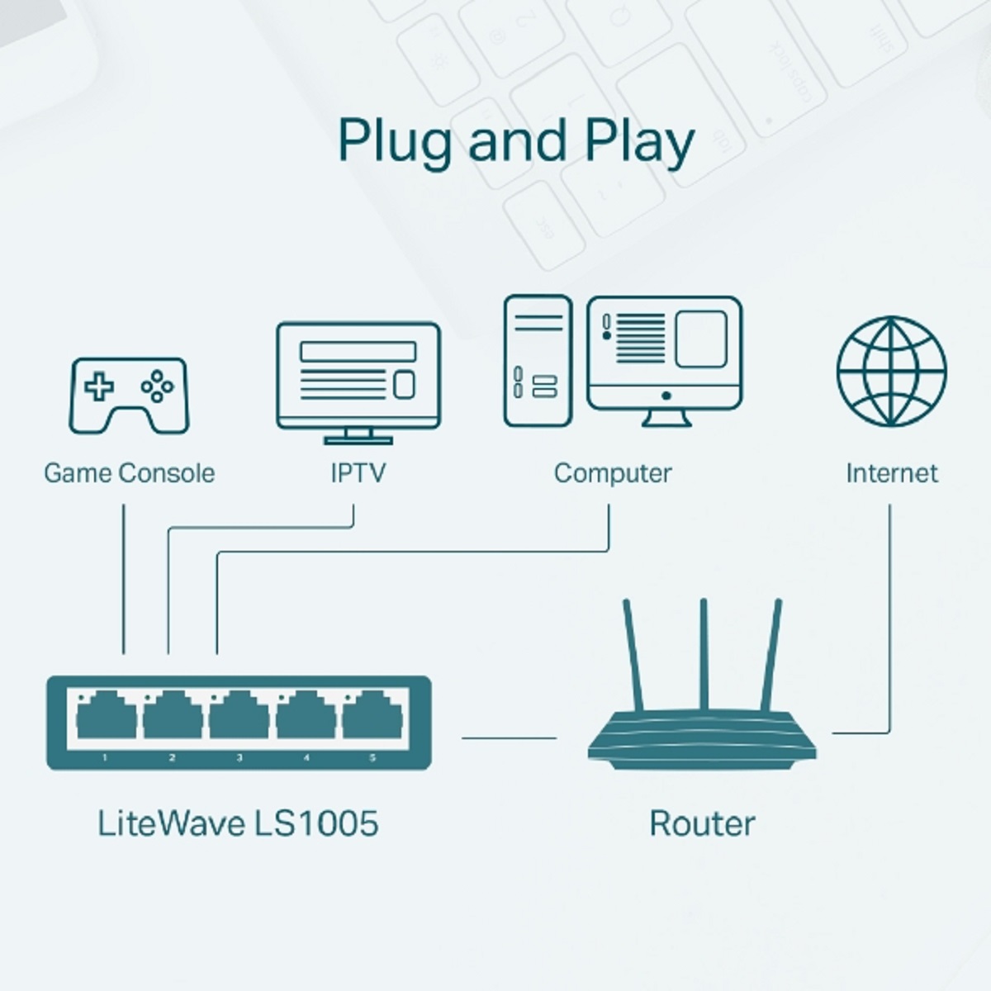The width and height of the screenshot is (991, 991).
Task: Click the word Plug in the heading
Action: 395,142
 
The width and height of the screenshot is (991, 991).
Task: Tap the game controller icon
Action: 128,395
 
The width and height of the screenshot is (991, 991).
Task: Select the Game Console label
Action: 129,473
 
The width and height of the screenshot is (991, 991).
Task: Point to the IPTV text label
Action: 358,473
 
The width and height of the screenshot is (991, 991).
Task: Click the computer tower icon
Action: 538,361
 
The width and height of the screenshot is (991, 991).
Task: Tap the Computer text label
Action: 612,473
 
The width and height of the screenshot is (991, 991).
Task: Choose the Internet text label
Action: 891,473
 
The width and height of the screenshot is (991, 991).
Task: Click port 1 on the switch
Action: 106,716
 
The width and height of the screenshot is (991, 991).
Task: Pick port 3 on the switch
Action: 239,716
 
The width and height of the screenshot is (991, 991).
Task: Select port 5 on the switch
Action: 372,716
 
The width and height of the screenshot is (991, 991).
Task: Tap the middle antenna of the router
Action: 704,652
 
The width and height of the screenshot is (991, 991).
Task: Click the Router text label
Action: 702,823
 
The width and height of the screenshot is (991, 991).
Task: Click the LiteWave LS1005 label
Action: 238,823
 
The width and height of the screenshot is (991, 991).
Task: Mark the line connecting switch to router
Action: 509,737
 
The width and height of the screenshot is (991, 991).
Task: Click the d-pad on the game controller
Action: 100,386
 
